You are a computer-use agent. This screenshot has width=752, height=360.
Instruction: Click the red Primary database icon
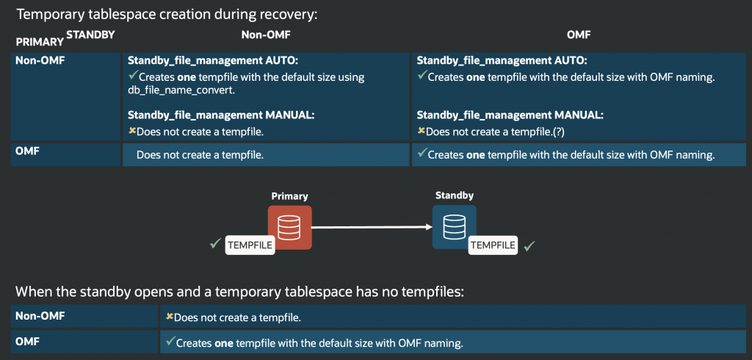tap(289, 227)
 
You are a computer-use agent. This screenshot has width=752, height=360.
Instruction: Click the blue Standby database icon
tap(454, 226)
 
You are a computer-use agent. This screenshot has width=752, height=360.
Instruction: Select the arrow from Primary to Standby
tap(372, 227)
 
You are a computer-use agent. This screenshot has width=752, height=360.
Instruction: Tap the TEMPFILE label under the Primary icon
tap(250, 245)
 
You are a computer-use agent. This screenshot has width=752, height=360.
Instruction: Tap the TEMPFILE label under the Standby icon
tap(493, 245)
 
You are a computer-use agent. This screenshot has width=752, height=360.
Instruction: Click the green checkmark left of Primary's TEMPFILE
tap(215, 243)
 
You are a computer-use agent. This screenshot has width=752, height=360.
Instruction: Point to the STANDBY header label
tap(90, 34)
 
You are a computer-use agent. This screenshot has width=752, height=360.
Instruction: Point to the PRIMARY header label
tap(39, 42)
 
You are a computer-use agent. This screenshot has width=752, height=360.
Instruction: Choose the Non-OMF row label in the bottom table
tap(40, 316)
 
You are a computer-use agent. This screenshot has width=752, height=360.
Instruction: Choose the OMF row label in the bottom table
tap(27, 341)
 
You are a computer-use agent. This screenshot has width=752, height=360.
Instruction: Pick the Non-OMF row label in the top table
tap(40, 61)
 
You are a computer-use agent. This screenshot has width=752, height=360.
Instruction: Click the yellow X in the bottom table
tap(169, 317)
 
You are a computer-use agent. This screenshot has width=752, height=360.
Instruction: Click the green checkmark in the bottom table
tap(170, 341)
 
